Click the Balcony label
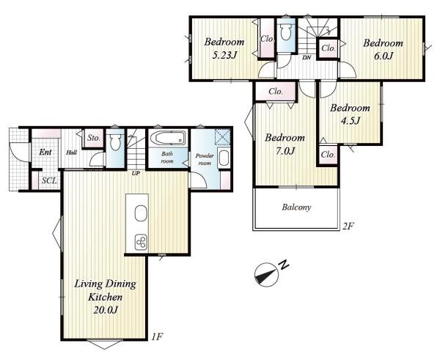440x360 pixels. point(296,207)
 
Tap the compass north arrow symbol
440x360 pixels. point(267,275)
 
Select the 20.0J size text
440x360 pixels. point(106,309)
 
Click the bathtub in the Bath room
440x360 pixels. point(168,138)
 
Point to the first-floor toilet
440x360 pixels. point(115,142)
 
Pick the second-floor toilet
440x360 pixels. point(286,32)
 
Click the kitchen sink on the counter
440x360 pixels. point(141,213)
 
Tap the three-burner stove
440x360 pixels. point(141,242)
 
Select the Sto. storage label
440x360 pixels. point(93,138)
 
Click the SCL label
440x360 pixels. point(49,180)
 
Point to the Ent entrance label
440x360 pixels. point(45,152)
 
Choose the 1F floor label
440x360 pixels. point(157,337)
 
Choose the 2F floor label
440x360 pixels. point(347,226)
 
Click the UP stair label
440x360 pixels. point(136,174)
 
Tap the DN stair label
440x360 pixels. point(307,59)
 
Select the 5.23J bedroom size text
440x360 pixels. point(224,55)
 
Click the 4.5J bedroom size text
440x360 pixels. point(351,121)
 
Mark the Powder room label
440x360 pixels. point(205,159)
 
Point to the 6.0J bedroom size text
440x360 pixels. point(383,56)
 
